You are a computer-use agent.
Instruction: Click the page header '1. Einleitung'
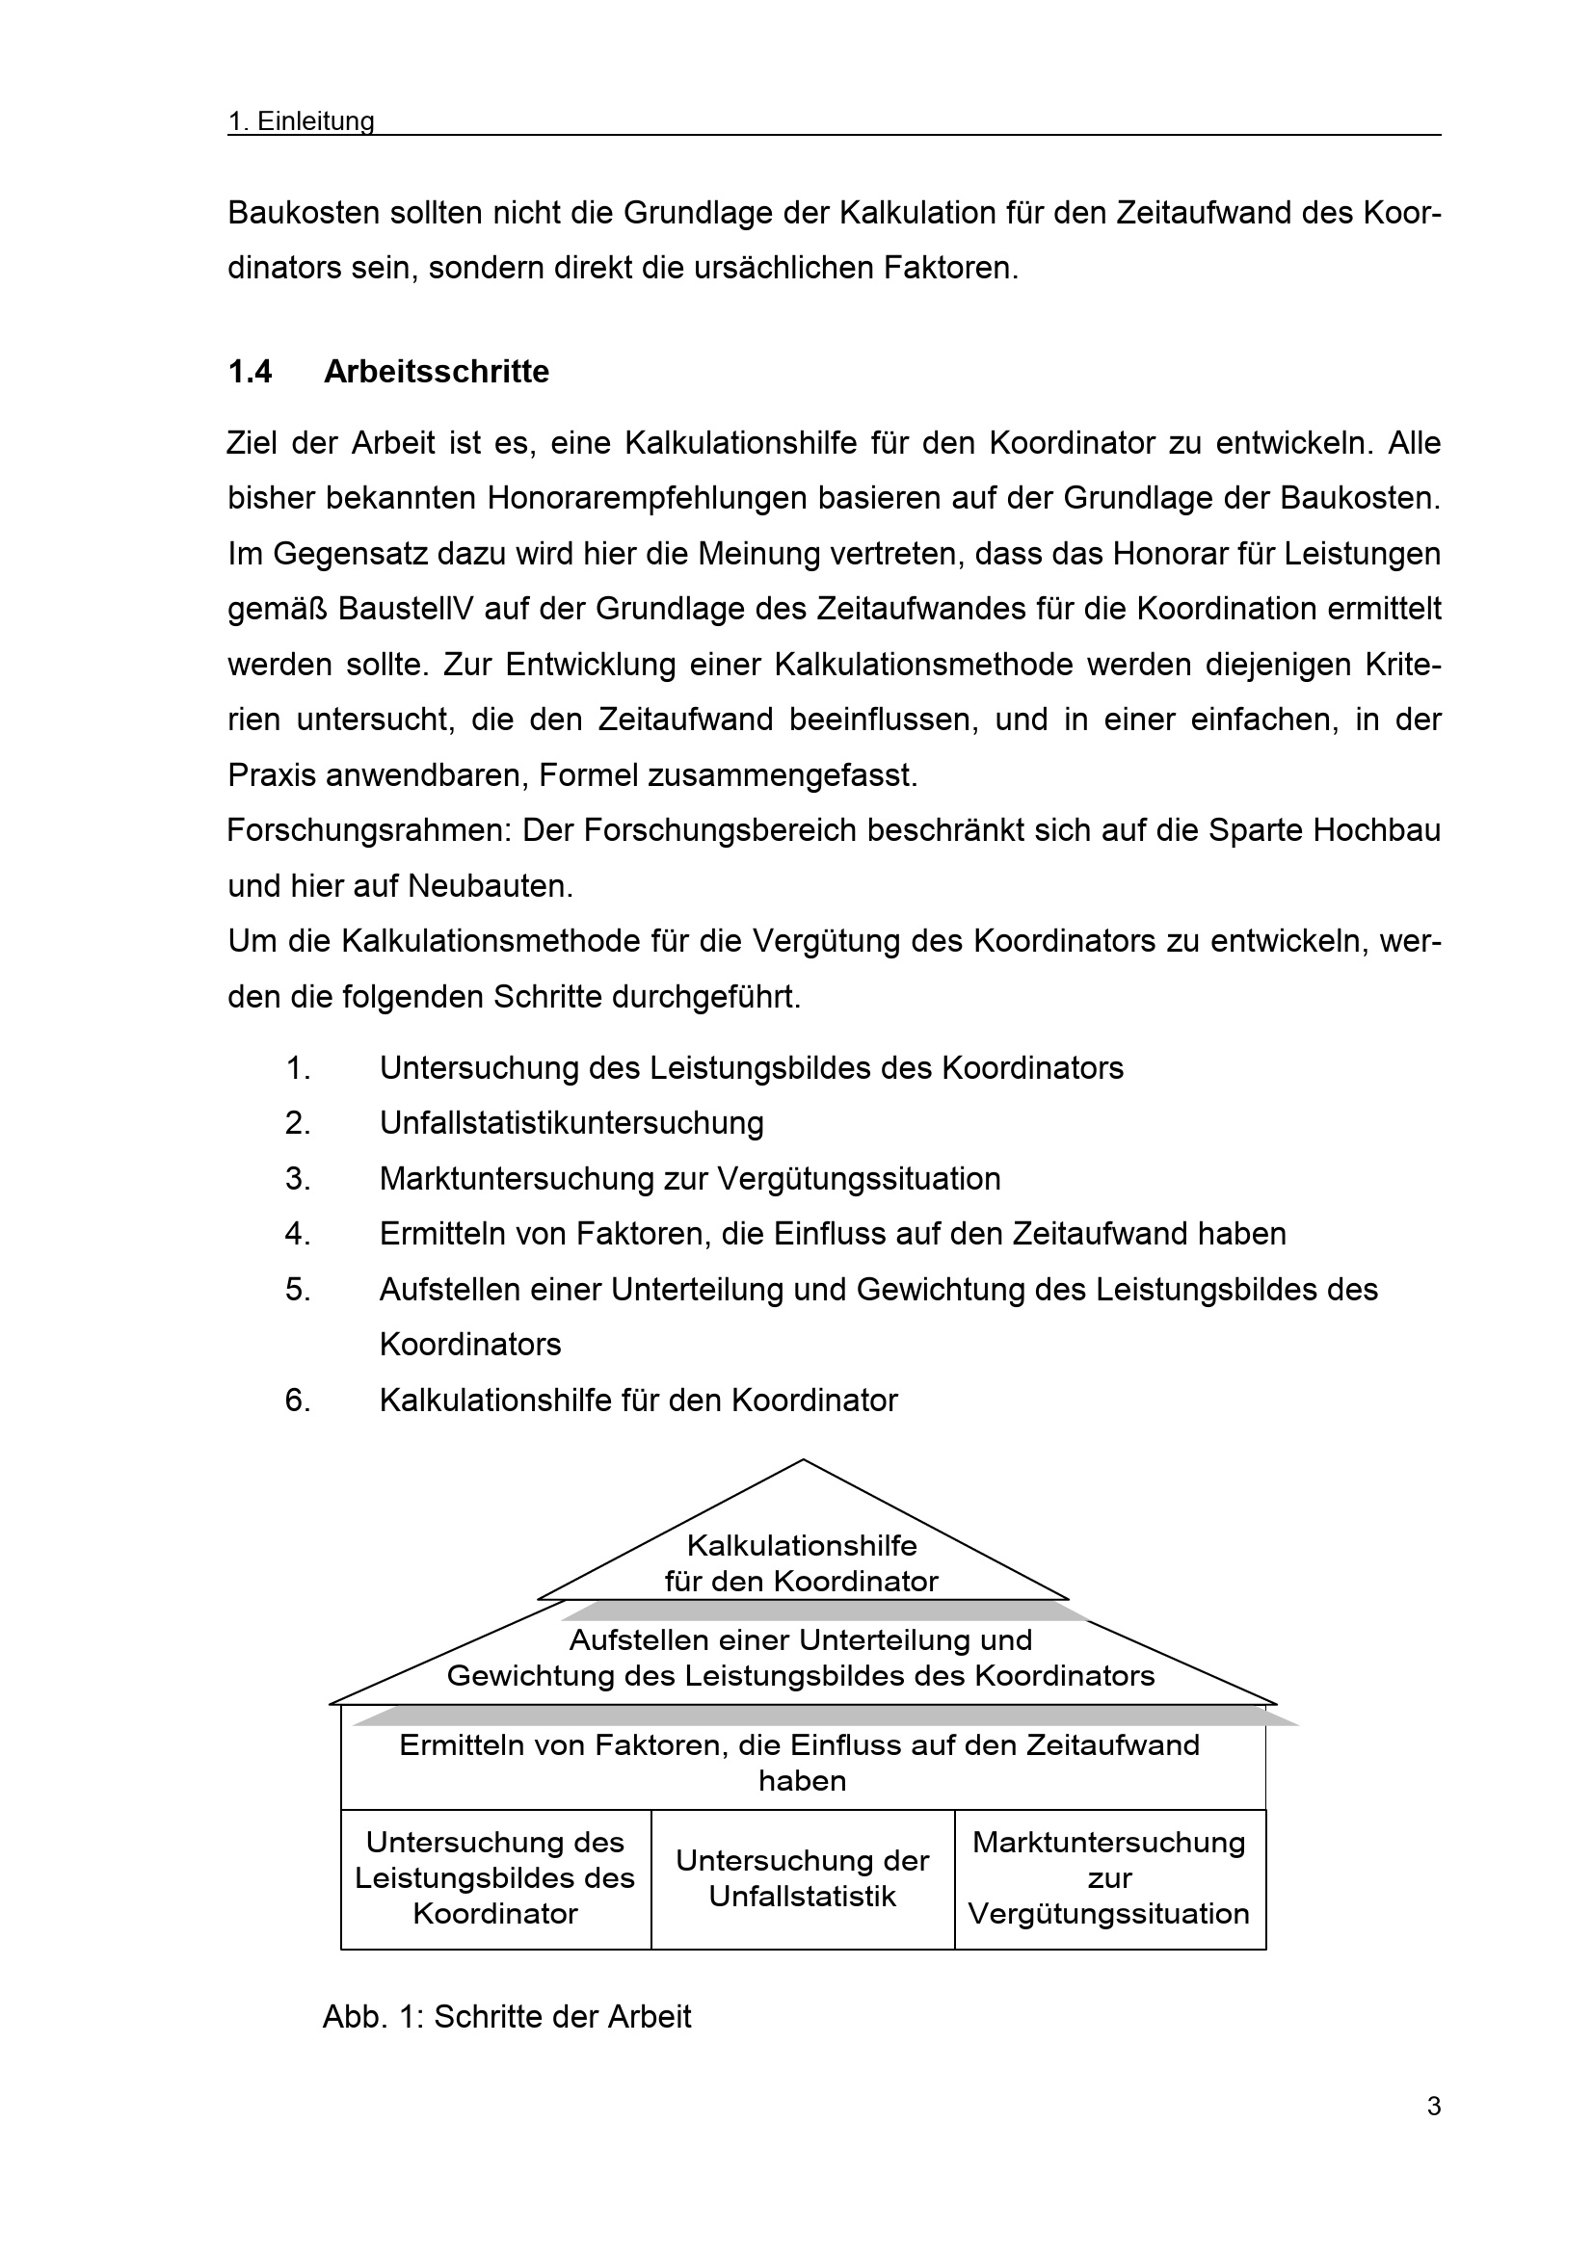tap(301, 120)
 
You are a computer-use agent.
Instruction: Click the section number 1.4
tap(250, 372)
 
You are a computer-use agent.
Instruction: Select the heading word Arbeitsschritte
tap(436, 372)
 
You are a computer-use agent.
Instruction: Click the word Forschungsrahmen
tap(369, 831)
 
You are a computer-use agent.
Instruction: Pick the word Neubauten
tap(490, 887)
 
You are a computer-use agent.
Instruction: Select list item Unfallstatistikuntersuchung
tap(571, 1123)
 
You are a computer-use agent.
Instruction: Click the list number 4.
tap(298, 1235)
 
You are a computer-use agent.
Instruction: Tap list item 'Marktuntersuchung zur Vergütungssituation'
tap(690, 1178)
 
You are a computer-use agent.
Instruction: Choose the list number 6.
tap(298, 1401)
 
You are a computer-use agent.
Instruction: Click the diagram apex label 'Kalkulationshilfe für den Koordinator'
tap(802, 1563)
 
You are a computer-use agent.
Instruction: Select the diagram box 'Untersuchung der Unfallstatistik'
tap(802, 1878)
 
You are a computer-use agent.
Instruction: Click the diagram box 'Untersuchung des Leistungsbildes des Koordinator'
tap(495, 1878)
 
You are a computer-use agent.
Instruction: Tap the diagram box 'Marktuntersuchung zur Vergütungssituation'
tap(1109, 1878)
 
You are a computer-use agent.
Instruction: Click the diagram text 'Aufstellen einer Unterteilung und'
tap(801, 1640)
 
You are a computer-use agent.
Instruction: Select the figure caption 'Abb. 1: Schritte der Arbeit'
tap(507, 2016)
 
